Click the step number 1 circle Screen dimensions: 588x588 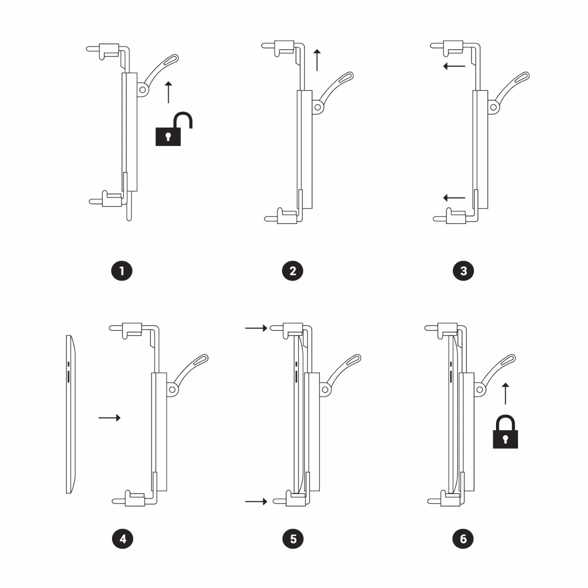[x=122, y=271]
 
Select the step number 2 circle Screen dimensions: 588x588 [x=292, y=271]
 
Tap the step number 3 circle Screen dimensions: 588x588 [x=463, y=271]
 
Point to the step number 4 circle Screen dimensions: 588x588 [x=122, y=539]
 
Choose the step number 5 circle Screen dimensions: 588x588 [x=293, y=539]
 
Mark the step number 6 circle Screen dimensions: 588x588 [x=463, y=539]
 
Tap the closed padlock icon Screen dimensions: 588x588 [x=505, y=431]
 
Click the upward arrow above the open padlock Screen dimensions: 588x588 [x=168, y=92]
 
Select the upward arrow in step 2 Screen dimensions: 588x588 [x=317, y=60]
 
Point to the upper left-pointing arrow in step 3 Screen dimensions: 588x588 [x=454, y=66]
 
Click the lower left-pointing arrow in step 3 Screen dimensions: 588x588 [x=454, y=197]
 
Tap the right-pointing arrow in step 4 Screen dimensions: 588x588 [x=109, y=418]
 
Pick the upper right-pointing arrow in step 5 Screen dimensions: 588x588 [x=256, y=328]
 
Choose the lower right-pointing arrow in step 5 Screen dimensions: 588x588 [x=256, y=501]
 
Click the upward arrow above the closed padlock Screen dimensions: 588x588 [x=505, y=394]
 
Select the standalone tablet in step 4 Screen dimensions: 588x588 [x=71, y=414]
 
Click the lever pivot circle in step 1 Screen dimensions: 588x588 [x=142, y=89]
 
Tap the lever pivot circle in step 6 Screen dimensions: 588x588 [x=480, y=389]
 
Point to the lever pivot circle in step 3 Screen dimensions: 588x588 [x=493, y=107]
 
